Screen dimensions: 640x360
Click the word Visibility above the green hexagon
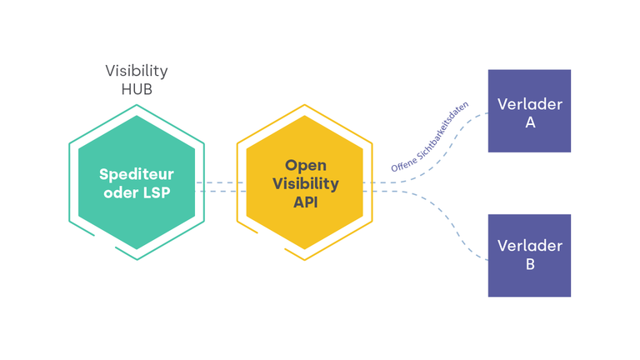137,71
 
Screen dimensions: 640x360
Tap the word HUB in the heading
137,89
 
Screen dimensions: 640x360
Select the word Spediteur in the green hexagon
137,175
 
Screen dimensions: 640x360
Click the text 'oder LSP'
137,192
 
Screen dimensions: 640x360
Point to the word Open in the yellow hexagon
306,166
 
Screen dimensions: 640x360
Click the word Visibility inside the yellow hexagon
306,183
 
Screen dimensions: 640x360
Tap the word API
306,202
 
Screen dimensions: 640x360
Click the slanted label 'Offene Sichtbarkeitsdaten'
429,137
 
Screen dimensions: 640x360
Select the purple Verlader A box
529,111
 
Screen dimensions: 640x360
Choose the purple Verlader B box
529,256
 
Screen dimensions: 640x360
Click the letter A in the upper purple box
530,122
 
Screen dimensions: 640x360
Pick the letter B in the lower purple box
530,264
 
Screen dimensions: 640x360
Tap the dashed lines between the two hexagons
221,187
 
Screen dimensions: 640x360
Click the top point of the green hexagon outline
137,105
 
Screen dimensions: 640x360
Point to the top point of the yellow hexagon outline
304,105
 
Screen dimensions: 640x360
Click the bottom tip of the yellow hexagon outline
304,260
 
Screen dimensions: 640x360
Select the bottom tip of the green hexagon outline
137,260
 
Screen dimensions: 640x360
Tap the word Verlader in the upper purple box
530,104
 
